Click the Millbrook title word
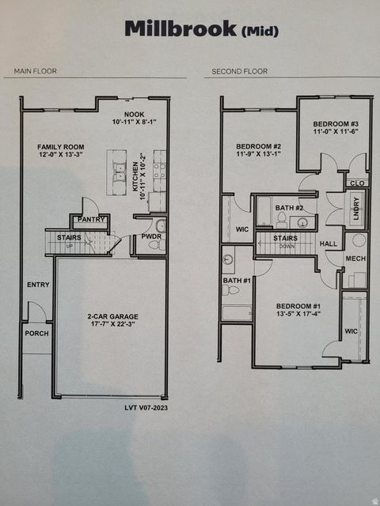(x=180, y=29)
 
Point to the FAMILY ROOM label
(x=59, y=147)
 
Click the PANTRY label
(x=92, y=219)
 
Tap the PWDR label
(x=150, y=236)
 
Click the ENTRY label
(x=37, y=285)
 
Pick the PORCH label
(x=36, y=333)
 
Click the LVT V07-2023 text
(x=146, y=407)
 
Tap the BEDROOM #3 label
(x=336, y=124)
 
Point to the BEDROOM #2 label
(x=258, y=146)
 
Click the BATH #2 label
(x=285, y=207)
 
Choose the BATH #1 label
(x=236, y=280)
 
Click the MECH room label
(x=355, y=257)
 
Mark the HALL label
(x=329, y=244)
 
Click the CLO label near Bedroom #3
(x=356, y=183)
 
